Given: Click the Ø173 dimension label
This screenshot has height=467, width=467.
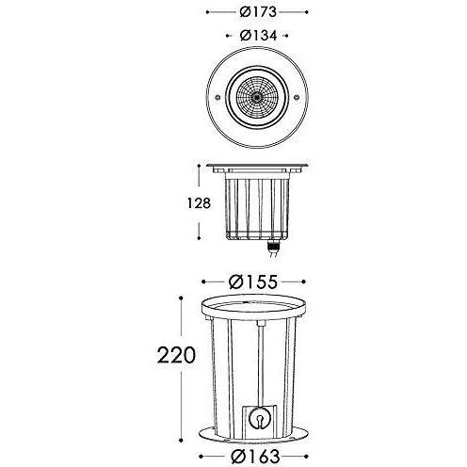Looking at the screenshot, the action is point(258,12).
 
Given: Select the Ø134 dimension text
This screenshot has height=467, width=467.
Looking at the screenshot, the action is point(258,36).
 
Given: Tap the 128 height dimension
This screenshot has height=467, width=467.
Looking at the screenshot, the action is point(199,203).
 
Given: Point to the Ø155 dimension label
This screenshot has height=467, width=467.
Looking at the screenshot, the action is point(253,282).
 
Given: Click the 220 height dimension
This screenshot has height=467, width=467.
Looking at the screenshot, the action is point(176,355).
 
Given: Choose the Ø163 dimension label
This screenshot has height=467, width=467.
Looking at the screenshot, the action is point(255,457).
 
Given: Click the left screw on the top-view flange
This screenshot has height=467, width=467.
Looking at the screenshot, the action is point(217,98).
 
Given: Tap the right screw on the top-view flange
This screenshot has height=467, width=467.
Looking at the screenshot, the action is point(297,98).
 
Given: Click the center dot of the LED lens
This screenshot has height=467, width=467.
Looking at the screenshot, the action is point(257,98).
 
